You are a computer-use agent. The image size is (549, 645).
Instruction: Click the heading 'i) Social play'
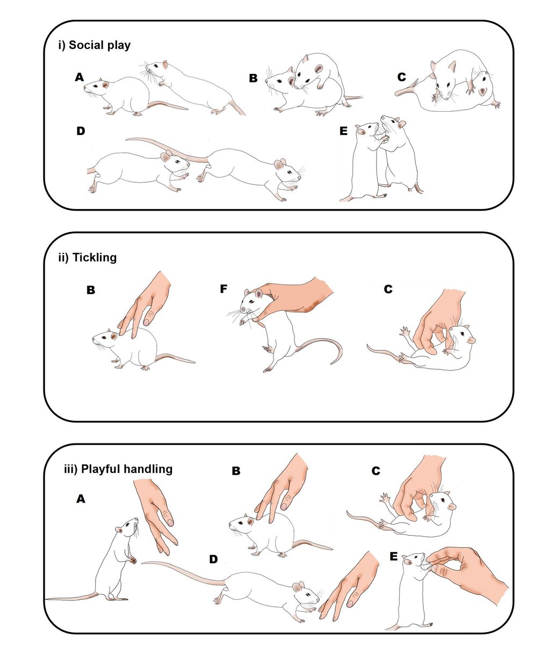(94, 45)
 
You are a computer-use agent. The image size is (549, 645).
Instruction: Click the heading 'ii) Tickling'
(87, 257)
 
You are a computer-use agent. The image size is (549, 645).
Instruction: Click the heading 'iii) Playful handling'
(119, 469)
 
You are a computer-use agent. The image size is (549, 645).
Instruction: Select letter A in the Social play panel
(80, 78)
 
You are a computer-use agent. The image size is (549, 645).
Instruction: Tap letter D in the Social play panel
(81, 131)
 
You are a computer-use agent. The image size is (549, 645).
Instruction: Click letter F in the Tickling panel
(223, 289)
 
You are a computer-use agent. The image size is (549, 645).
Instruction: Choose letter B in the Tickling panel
(91, 290)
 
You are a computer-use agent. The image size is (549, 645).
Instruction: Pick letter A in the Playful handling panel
(81, 499)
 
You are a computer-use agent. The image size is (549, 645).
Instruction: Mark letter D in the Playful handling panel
(213, 560)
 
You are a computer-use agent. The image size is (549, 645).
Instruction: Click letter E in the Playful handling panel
(394, 557)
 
